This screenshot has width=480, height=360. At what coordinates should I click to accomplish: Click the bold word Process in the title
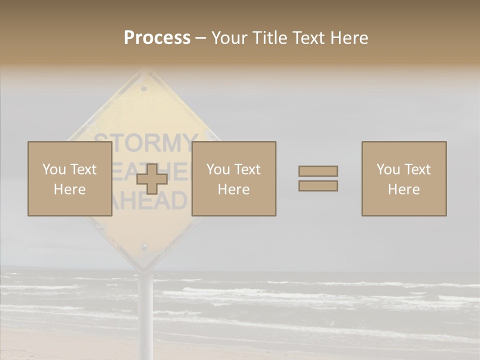pyautogui.click(x=157, y=38)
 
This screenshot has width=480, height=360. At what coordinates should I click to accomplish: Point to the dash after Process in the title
pyautogui.click(x=200, y=38)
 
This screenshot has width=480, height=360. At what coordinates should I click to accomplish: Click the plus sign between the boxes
pyautogui.click(x=152, y=179)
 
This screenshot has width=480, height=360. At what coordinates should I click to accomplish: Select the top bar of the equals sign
pyautogui.click(x=318, y=171)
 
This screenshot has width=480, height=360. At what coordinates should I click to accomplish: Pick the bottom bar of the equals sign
pyautogui.click(x=318, y=186)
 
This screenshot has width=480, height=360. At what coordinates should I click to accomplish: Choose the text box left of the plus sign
pyautogui.click(x=70, y=179)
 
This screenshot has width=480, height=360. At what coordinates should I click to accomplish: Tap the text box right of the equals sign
pyautogui.click(x=404, y=179)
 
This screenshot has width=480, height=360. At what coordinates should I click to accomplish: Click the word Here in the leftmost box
pyautogui.click(x=69, y=189)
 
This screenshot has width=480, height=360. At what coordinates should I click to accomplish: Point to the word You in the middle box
pyautogui.click(x=218, y=169)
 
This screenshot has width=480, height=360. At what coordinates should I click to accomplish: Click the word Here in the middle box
pyautogui.click(x=233, y=189)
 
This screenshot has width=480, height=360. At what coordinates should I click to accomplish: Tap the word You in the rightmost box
pyautogui.click(x=388, y=169)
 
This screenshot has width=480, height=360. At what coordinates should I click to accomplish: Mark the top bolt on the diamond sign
pyautogui.click(x=144, y=88)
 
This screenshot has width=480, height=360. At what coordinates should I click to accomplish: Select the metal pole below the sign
pyautogui.click(x=145, y=310)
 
